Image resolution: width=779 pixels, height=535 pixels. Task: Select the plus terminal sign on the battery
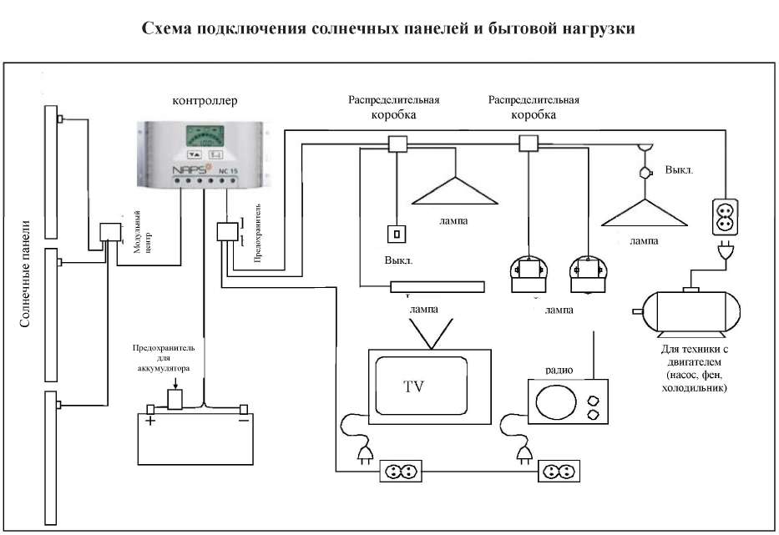pos(151,421)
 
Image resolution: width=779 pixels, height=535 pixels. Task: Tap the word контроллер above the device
pos(205,103)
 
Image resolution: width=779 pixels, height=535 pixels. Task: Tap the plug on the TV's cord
pos(364,453)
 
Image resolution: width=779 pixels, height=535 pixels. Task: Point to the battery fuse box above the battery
pos(175,398)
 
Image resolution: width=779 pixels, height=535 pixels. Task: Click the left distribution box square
pos(397,144)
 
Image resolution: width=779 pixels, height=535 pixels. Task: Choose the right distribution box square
pos(529,144)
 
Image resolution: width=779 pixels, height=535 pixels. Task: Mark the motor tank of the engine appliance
pos(690,310)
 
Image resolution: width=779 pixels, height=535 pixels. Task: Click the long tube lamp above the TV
pos(437,287)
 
